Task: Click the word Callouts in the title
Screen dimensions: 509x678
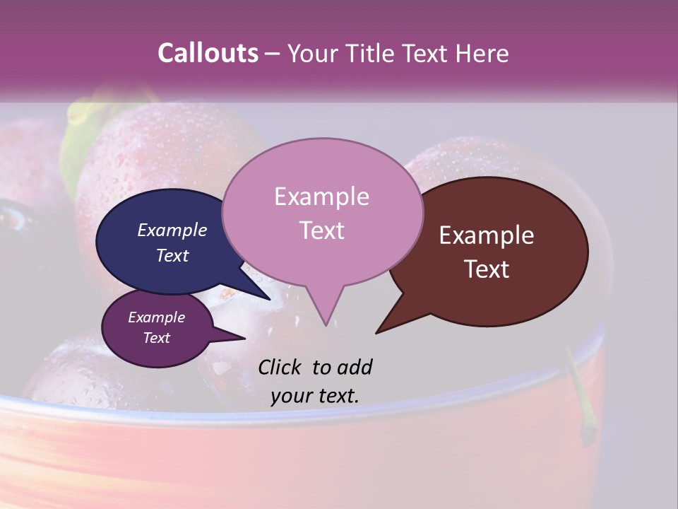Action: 208,53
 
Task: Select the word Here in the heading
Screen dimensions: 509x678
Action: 482,53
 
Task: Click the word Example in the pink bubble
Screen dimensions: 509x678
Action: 321,197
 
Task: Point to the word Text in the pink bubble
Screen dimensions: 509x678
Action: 321,230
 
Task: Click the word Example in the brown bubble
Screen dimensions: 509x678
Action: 487,235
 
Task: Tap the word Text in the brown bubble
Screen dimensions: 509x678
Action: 487,269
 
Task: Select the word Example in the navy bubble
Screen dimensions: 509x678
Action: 172,230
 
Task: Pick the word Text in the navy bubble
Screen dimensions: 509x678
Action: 172,255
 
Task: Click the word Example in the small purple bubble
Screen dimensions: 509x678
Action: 156,317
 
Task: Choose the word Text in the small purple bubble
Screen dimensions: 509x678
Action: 156,338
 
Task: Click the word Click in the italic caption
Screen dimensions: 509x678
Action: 279,367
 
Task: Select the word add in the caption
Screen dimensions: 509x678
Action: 355,367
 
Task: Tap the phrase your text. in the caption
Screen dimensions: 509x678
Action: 314,396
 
